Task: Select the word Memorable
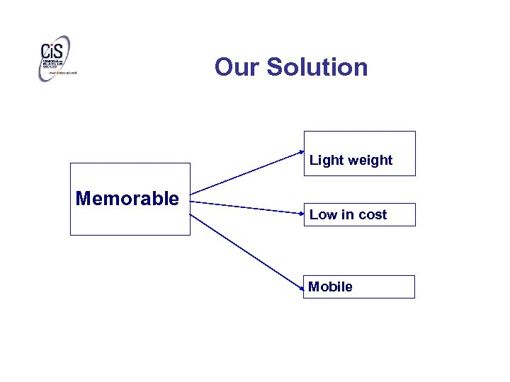click(x=127, y=199)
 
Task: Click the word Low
click(x=322, y=215)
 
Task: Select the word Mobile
click(x=330, y=286)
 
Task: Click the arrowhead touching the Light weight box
click(x=301, y=151)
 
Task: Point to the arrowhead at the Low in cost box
click(x=301, y=212)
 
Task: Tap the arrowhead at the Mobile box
click(x=301, y=288)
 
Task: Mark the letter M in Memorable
click(x=83, y=199)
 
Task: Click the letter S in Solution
click(x=276, y=67)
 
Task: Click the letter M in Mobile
click(x=314, y=286)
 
